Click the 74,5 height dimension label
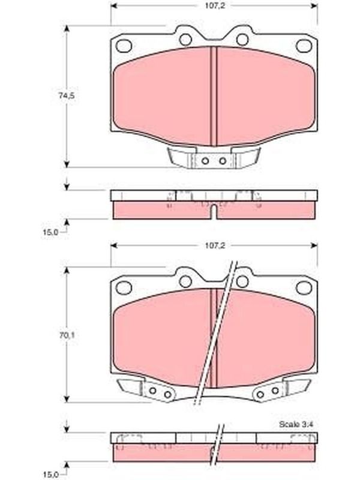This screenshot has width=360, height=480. [67, 96]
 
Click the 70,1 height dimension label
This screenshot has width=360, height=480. [67, 335]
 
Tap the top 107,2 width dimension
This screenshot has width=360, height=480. [215, 5]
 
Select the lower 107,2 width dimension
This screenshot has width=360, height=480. [215, 245]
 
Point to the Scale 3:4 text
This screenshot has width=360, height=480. [296, 424]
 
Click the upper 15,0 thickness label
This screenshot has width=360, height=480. [50, 232]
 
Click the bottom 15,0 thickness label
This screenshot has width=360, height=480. [50, 475]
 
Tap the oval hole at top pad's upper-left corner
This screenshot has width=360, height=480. [124, 46]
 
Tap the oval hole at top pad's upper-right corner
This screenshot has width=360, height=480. [304, 46]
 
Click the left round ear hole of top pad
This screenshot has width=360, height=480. [185, 40]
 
